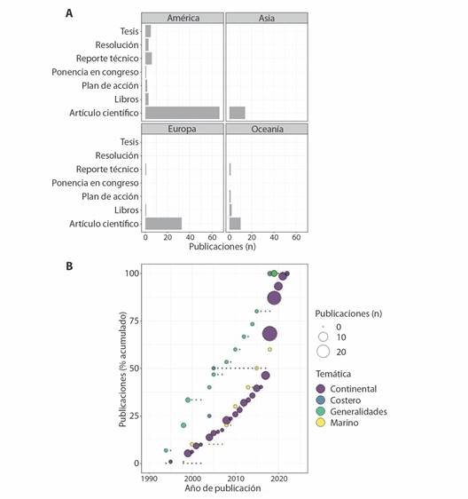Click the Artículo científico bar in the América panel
click(183, 113)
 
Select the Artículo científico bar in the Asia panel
click(238, 113)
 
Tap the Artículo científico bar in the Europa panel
click(164, 224)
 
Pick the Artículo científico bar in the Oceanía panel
click(235, 224)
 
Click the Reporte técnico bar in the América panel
click(149, 59)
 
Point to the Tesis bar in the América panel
click(148, 31)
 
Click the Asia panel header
click(267, 18)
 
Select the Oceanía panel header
click(267, 129)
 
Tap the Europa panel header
click(183, 129)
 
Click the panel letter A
click(69, 13)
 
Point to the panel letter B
click(69, 266)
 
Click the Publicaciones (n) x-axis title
click(222, 247)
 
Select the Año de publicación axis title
click(222, 488)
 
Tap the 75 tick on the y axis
click(134, 321)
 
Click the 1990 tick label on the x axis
click(149, 479)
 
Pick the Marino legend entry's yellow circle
click(321, 423)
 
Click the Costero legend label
click(346, 400)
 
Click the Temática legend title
click(333, 374)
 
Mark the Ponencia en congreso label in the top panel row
click(96, 72)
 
